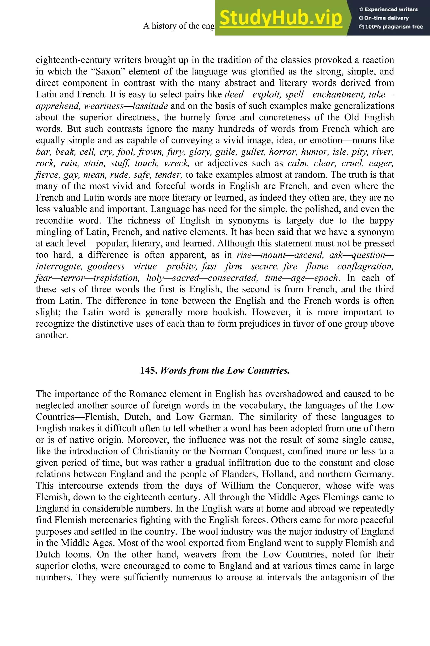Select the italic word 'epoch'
point(326,278)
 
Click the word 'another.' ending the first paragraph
point(52,335)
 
